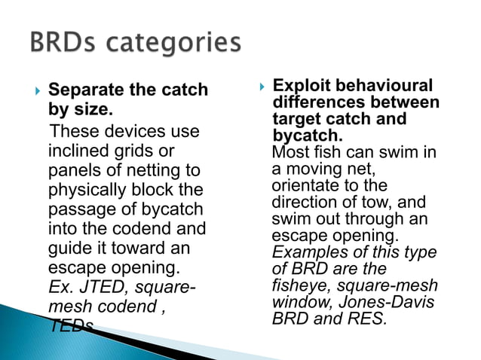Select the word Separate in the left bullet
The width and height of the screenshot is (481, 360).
click(85, 90)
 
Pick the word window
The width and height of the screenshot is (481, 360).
click(298, 302)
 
